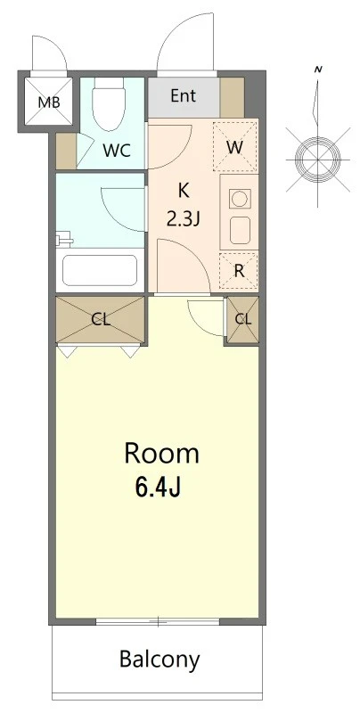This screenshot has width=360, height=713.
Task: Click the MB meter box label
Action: coord(48,102)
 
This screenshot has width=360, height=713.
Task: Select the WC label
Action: coord(117,151)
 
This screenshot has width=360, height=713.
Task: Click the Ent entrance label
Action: coord(184,96)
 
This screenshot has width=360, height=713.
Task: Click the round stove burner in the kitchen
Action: coord(239,199)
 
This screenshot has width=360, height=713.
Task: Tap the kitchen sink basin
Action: coord(239,231)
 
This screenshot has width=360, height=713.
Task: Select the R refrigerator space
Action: coord(239,271)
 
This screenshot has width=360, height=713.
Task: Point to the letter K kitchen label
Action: coord(184,191)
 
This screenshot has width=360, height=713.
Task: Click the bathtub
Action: coord(100,270)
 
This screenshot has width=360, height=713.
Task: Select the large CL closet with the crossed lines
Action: coord(100,320)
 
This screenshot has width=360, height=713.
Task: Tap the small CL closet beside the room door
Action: coord(242,319)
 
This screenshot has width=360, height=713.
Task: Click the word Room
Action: coord(162,454)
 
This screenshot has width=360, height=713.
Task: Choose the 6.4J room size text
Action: coord(158,488)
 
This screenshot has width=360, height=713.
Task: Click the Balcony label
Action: coord(160,659)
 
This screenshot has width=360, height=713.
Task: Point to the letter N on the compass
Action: coord(318,70)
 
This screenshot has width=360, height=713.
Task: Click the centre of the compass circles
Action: coord(318,160)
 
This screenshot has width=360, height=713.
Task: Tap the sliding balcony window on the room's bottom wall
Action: coord(158,621)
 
